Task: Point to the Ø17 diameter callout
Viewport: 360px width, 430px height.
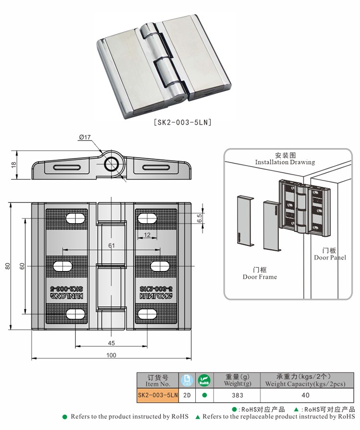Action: [x=85, y=138]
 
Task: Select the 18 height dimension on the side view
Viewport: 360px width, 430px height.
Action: [x=14, y=165]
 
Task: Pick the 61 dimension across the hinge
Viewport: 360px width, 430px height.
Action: [x=111, y=246]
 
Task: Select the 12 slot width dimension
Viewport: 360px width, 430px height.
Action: [x=147, y=235]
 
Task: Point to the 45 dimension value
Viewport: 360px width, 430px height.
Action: [x=111, y=343]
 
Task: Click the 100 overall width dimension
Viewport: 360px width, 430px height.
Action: [x=111, y=355]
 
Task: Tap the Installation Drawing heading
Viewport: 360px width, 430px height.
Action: [x=285, y=159]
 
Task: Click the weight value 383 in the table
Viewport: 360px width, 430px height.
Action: [x=237, y=395]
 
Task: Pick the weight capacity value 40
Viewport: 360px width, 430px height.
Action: [x=305, y=395]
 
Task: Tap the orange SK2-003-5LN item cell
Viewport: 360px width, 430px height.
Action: [x=158, y=395]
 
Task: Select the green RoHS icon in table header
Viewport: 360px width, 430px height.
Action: [x=204, y=381]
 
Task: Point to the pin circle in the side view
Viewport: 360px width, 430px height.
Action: [x=112, y=164]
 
